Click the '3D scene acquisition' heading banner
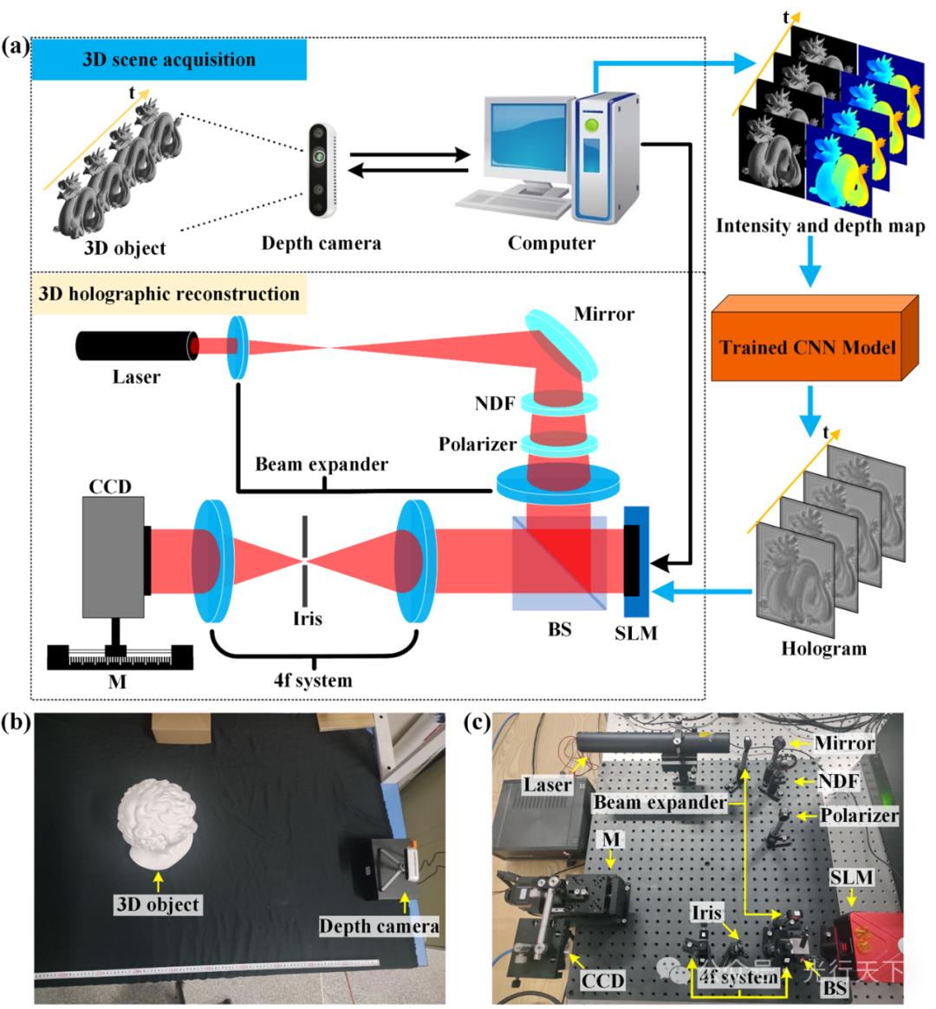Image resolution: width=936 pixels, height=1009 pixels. coord(169,61)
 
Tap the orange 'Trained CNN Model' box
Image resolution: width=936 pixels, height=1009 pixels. coord(807,348)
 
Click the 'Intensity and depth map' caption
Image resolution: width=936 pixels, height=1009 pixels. coord(820,226)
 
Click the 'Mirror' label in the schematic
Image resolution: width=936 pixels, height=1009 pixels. coord(603,313)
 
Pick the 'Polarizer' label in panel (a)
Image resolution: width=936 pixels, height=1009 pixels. coord(478,444)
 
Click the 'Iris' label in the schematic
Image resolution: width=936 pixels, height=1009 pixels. coord(308,618)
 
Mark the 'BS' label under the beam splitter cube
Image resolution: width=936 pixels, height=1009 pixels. coord(560,628)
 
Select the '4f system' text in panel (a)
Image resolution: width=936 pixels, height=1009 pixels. coord(313,680)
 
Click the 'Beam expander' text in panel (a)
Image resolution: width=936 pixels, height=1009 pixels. coord(322,465)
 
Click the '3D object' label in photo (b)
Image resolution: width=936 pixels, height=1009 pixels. coord(158,904)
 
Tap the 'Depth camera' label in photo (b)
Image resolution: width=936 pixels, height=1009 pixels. coord(379,927)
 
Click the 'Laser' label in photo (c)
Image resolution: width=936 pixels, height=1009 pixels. coord(547,785)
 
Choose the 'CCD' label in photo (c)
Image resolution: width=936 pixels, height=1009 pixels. coord(602,980)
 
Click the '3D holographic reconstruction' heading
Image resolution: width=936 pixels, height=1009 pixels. coord(169,294)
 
